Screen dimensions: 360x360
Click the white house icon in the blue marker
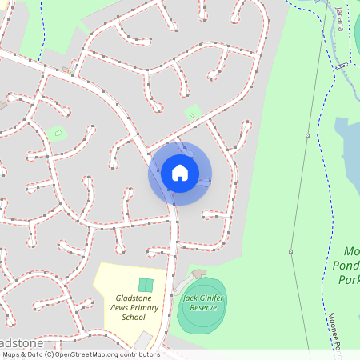[180, 172]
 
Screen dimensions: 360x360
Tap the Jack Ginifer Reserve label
[200, 302]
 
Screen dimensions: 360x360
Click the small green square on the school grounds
[145, 285]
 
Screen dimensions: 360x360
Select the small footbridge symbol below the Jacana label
[342, 63]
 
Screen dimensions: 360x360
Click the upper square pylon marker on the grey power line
[307, 136]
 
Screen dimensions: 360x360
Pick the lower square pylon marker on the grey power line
[291, 252]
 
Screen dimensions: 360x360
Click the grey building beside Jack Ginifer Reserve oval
[198, 274]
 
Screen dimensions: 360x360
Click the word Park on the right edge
[349, 280]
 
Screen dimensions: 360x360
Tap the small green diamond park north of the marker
[193, 113]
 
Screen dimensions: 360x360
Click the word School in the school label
[134, 318]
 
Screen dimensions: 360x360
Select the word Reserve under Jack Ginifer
[200, 307]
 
